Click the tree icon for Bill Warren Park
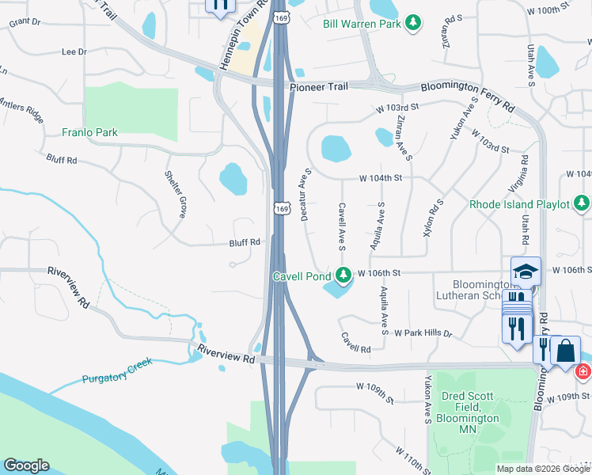point(412,24)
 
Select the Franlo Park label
point(90,132)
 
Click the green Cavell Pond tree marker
point(343,275)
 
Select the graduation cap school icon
point(526,272)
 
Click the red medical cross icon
point(583,370)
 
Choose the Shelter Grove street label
point(175,194)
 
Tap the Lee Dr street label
point(74,51)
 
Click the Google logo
point(26,465)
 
